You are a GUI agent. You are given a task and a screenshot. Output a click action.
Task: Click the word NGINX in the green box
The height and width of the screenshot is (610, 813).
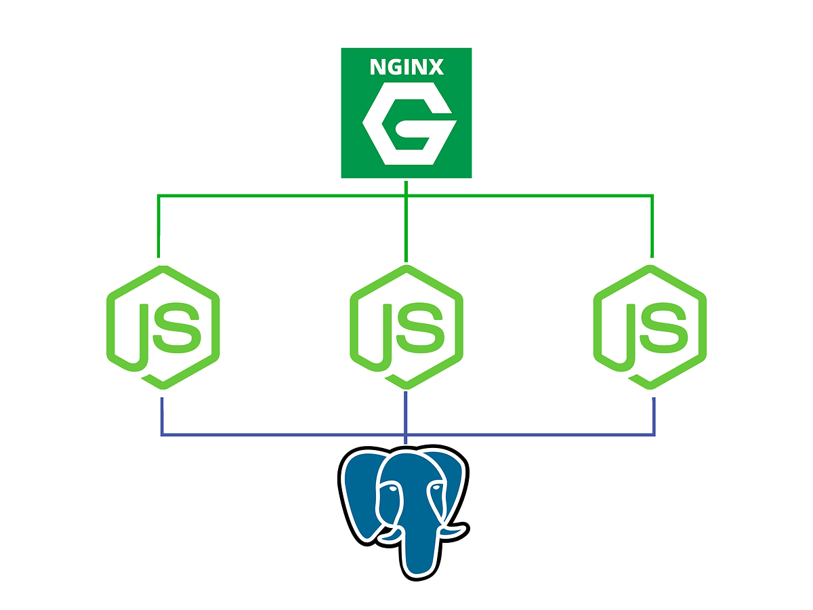(406, 68)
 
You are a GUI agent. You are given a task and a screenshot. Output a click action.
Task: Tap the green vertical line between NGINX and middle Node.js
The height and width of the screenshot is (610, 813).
(405, 224)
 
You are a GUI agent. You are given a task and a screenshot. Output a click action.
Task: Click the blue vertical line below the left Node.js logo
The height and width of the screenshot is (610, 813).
(162, 415)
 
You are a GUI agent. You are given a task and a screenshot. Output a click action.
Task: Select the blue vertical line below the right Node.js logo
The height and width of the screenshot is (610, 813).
(654, 415)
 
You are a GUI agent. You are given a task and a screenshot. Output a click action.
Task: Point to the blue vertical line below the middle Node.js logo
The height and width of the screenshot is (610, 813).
(405, 415)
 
